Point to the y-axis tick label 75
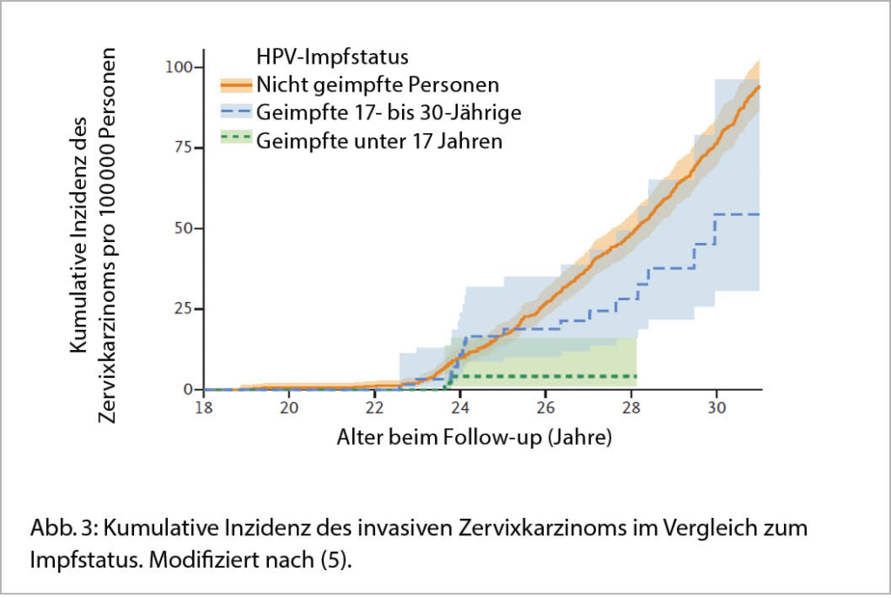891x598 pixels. point(184,148)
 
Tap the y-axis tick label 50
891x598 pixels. point(184,228)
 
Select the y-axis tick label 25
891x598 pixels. point(184,309)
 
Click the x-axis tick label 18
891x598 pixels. point(204,407)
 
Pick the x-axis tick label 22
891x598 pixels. point(374,407)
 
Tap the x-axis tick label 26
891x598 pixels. point(545,407)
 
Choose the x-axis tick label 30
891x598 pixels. point(715,407)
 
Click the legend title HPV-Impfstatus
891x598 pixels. point(332,58)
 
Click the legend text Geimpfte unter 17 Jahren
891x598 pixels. point(379,140)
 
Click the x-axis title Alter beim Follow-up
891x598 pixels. point(474,437)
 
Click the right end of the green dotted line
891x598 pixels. point(636,376)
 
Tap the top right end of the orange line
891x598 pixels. point(760,87)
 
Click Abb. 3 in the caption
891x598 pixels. point(58,528)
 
